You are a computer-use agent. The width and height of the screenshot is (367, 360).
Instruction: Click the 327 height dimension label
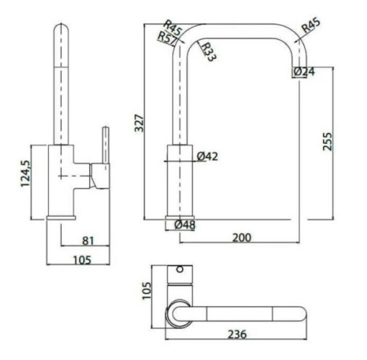pos(139,123)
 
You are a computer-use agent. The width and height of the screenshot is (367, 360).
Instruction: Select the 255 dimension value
pos(327,141)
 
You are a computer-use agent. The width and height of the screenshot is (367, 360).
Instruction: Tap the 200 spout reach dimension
pos(242,238)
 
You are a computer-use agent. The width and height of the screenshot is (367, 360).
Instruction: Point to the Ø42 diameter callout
pos(207,156)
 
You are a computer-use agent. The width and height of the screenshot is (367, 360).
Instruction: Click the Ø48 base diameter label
pos(185,225)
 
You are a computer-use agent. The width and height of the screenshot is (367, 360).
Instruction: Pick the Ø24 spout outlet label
pos(304,71)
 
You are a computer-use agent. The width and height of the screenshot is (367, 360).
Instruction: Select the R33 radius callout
pos(208,52)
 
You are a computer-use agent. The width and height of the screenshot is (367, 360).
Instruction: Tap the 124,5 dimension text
pos(26,174)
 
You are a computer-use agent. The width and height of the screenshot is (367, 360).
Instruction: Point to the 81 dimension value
pos(88,240)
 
